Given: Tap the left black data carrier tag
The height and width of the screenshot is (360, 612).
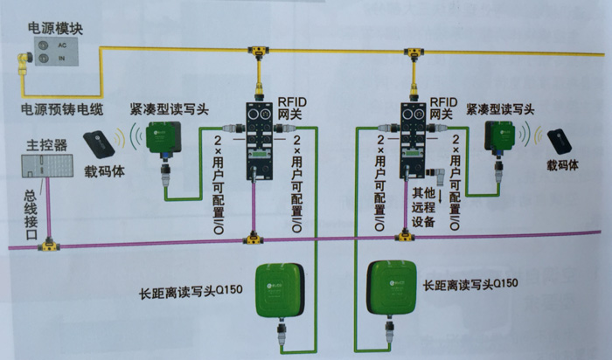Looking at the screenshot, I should (x=99, y=143).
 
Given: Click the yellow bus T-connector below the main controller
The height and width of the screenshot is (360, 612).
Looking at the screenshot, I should (x=49, y=248).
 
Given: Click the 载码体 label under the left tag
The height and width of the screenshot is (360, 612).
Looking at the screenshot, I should (x=103, y=172).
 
